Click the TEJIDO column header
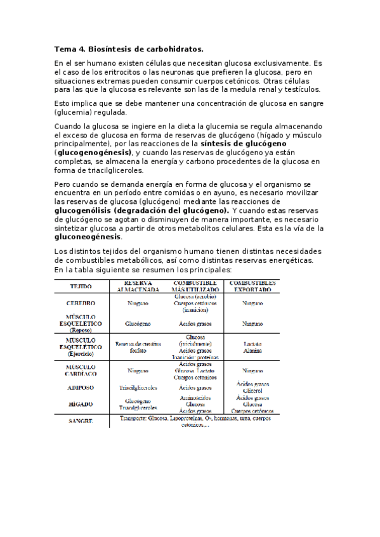(x=81, y=286)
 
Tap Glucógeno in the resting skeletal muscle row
(x=138, y=324)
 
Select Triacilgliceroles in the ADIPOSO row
(x=138, y=388)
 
